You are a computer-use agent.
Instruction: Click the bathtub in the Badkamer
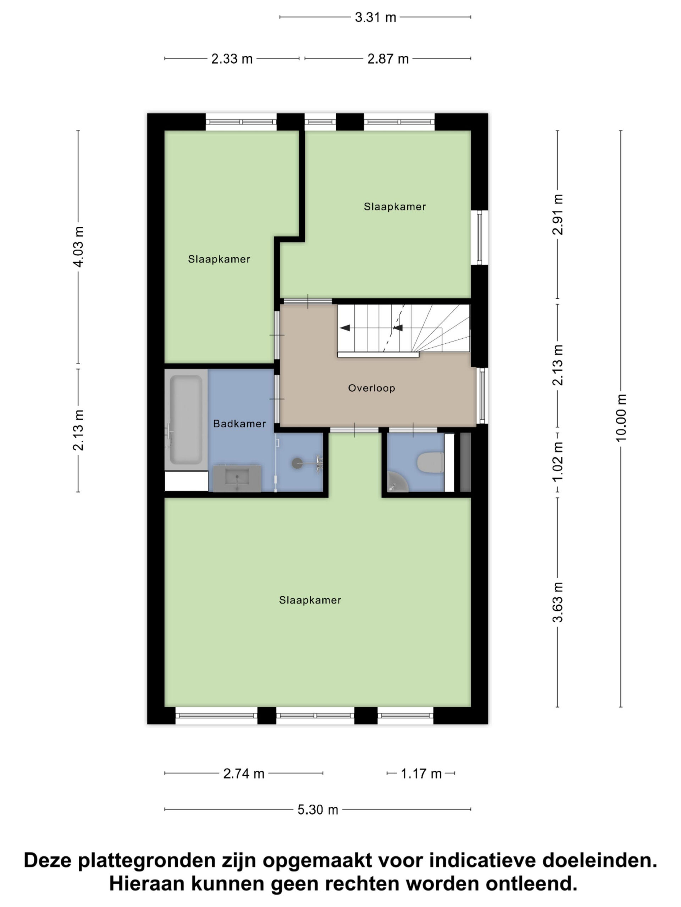(x=186, y=419)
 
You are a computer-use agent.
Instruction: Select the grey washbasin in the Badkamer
(x=237, y=478)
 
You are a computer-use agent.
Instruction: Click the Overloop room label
(x=371, y=388)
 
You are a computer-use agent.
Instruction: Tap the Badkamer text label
(x=239, y=424)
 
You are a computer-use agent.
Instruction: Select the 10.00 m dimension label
(x=621, y=417)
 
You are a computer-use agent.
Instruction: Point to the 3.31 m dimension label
(x=375, y=17)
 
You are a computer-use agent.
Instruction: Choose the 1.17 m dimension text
(x=421, y=773)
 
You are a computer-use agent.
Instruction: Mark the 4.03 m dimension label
(x=78, y=247)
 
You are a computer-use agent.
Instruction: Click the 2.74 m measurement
(x=243, y=773)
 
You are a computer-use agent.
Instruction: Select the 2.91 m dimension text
(x=558, y=214)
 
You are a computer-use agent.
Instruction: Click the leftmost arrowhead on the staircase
(x=345, y=328)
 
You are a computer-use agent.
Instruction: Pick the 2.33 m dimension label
(x=232, y=58)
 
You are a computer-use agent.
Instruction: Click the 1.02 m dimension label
(x=558, y=462)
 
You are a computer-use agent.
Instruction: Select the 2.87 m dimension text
(x=388, y=58)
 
